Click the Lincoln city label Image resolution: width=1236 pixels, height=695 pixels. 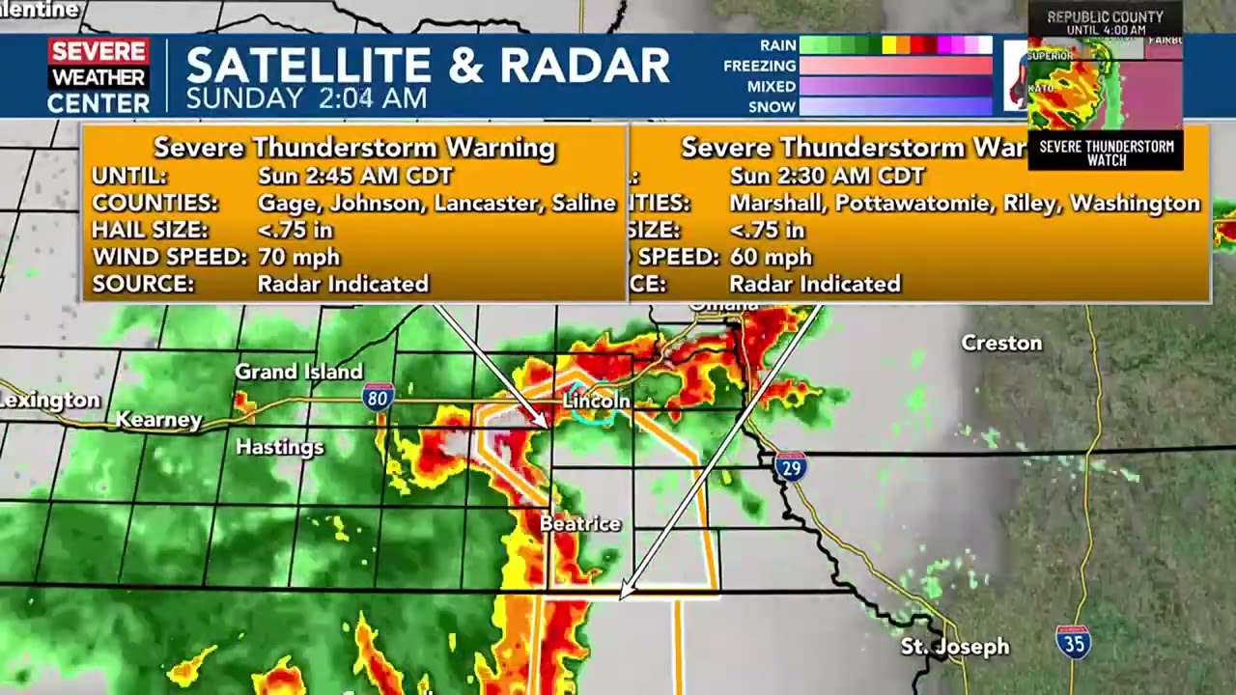coord(596,401)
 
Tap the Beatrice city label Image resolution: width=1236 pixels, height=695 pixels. coord(579,523)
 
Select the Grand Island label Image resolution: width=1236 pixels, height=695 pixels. coord(299,372)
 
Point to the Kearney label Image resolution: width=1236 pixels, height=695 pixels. coord(158,420)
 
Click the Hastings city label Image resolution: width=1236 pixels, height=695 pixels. coord(280,447)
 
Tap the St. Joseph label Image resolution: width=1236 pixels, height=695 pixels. coord(954,647)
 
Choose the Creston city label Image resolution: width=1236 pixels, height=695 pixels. coord(1001,344)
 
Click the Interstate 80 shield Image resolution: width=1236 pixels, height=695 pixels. coord(377,397)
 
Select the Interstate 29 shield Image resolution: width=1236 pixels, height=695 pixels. coord(790,466)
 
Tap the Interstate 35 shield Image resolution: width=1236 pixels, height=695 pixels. coord(1073,642)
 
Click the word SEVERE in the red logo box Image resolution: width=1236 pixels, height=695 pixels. coord(98,52)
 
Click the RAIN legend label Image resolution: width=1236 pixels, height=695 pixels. coord(777,45)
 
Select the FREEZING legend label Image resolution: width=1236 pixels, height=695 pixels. coord(760,66)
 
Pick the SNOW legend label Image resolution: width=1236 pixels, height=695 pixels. coord(772,106)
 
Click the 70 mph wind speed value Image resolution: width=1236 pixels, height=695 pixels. coord(298,257)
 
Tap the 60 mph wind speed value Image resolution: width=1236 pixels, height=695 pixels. coord(771,257)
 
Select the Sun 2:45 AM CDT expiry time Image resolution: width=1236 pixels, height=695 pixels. coord(354,176)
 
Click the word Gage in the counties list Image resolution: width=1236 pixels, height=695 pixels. coord(280,203)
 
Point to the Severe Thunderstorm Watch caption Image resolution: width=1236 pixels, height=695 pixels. coord(1106,153)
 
